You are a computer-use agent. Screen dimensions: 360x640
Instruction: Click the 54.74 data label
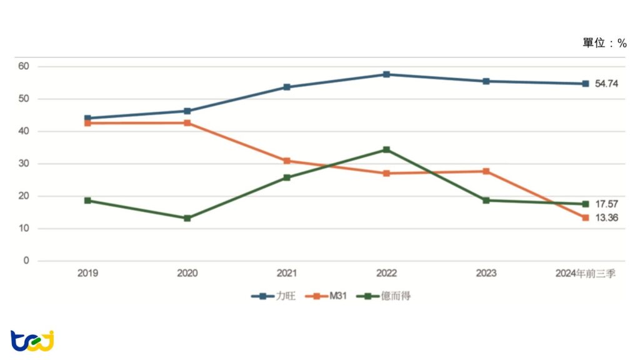[606, 84]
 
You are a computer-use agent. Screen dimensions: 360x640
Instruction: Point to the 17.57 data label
[606, 204]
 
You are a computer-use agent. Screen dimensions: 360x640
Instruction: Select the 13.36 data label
[606, 217]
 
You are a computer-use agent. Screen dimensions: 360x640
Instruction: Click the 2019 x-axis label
[87, 273]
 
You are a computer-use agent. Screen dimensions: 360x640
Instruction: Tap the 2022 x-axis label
[386, 273]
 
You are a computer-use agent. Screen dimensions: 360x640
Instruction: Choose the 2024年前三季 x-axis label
[586, 273]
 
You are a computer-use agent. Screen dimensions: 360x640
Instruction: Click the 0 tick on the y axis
[26, 261]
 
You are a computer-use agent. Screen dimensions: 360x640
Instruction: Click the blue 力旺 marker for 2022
[386, 74]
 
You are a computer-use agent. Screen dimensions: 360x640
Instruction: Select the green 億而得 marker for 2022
[386, 150]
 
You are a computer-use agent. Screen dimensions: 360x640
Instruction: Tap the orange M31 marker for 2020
[187, 123]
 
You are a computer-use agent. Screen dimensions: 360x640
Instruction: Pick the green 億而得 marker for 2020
[187, 218]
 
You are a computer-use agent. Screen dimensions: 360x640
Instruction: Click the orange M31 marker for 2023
[486, 171]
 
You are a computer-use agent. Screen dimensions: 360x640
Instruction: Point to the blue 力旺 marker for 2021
[287, 87]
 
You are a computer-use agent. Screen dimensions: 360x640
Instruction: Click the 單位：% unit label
[604, 43]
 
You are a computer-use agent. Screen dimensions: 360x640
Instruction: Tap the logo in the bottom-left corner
[32, 341]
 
